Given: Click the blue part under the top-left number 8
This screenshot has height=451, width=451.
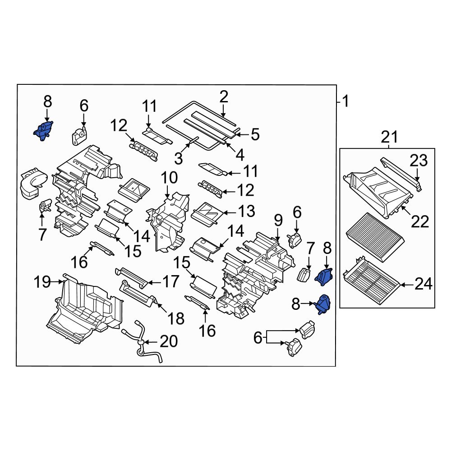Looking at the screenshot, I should (x=43, y=131).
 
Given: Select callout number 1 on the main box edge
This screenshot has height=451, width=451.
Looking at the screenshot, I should (x=345, y=102).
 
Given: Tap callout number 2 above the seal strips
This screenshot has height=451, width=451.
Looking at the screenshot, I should (x=224, y=97).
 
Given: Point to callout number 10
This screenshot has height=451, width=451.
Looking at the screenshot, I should (x=170, y=177).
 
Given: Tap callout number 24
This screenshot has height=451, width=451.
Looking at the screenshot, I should (x=423, y=284).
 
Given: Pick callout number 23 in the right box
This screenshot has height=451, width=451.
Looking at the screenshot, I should (x=418, y=161).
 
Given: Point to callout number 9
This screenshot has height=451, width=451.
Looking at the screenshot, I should (x=278, y=221).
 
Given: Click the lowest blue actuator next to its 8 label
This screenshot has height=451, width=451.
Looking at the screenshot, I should (x=322, y=305).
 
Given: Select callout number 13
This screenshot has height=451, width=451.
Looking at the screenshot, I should (x=246, y=211).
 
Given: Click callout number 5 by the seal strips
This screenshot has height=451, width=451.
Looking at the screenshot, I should (x=255, y=134).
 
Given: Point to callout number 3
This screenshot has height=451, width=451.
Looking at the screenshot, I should (x=179, y=158).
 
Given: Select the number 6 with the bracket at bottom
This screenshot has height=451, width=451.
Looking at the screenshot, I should (x=258, y=338).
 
